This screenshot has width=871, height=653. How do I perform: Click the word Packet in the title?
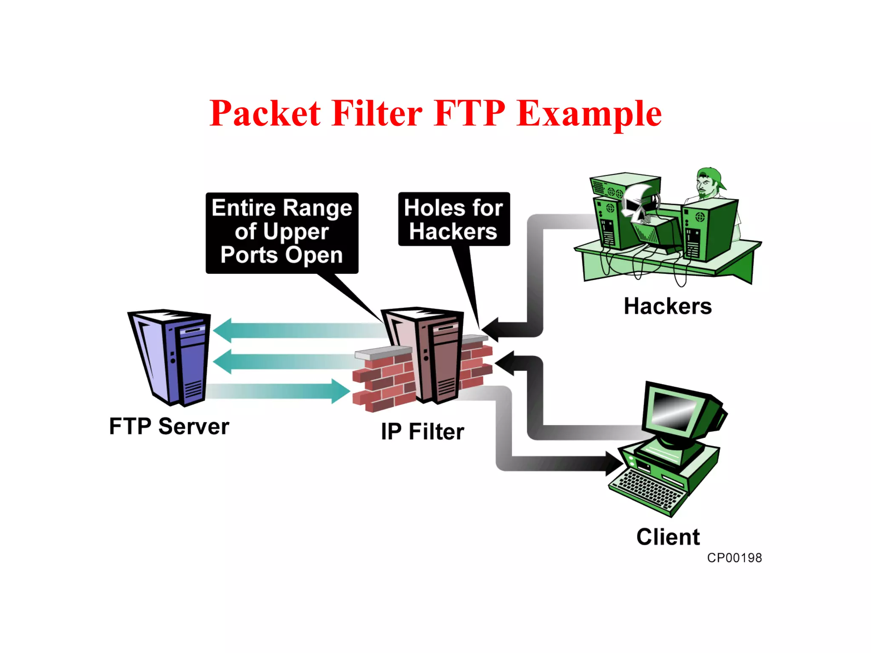tap(265, 114)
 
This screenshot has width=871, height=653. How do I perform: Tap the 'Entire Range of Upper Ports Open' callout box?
tap(282, 232)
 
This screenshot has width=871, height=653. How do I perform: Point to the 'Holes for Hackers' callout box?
tap(454, 219)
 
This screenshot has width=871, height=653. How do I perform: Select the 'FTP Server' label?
tap(169, 426)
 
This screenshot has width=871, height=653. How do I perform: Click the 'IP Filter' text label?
tap(422, 432)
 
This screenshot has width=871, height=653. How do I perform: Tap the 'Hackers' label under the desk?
tap(667, 307)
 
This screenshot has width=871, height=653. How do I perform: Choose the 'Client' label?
tap(668, 537)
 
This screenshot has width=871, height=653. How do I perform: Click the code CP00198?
tap(734, 558)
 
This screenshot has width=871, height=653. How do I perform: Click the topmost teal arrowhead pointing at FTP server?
tap(223, 330)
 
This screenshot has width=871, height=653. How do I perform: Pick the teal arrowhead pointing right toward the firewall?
tap(340, 391)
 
